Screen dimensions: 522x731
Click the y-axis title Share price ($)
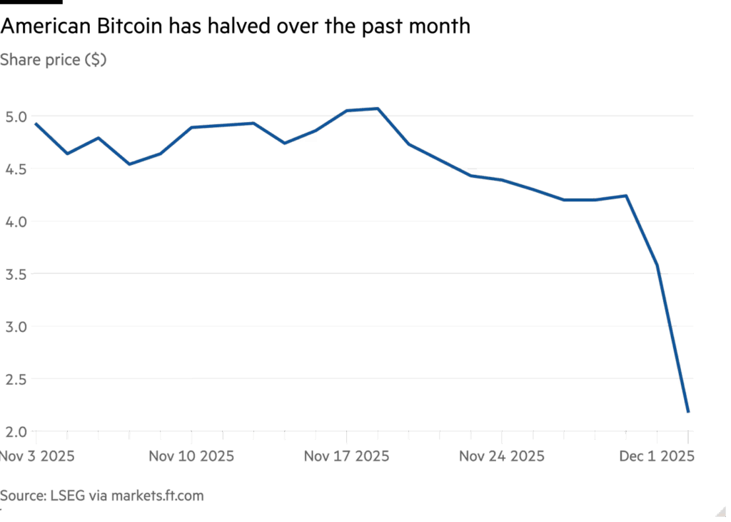pos(54,61)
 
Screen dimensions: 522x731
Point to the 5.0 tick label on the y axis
pos(16,116)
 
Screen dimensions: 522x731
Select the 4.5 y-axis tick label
pos(16,169)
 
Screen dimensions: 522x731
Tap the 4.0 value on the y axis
pos(16,221)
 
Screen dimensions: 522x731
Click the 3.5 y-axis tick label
pos(16,274)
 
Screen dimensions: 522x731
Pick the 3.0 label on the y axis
pos(16,327)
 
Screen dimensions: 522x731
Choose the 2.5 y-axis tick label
pos(16,379)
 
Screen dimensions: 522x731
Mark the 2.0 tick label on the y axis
pos(16,432)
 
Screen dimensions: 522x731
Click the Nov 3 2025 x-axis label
pos(37,456)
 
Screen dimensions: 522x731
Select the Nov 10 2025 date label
pos(191,456)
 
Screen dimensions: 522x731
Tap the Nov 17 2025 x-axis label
pos(347,456)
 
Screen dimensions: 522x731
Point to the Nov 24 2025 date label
pos(502,456)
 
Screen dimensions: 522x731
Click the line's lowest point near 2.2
pos(688,411)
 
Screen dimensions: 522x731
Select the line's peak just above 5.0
pos(378,109)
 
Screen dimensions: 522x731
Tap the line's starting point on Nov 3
pos(36,124)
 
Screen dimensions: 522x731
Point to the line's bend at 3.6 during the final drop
pos(657,266)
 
